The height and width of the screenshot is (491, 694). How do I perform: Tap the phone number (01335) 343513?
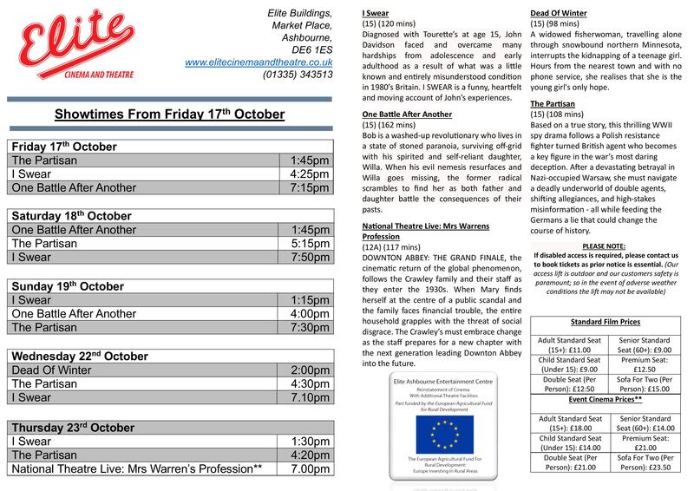[x=298, y=75]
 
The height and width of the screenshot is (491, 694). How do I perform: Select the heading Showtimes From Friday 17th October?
[x=170, y=114]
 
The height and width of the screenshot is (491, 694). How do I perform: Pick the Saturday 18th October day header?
[x=69, y=214]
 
